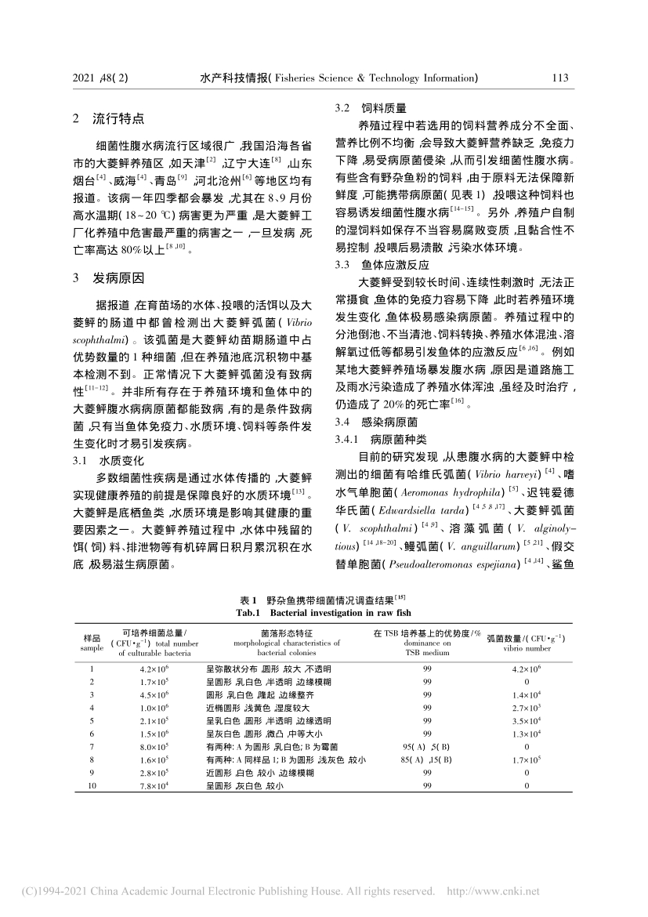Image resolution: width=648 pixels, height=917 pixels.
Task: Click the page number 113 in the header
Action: pyautogui.click(x=559, y=78)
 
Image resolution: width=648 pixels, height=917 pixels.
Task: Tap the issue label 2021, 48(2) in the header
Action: pyautogui.click(x=100, y=78)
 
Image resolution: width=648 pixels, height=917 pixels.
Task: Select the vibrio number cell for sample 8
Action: pyautogui.click(x=526, y=760)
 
